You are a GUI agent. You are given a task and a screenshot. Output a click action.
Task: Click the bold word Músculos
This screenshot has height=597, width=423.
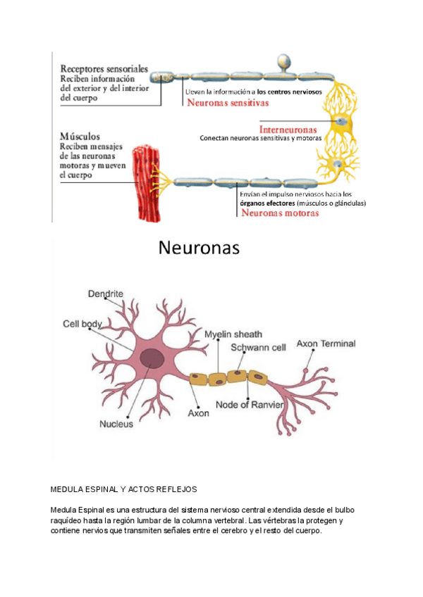pyautogui.click(x=80, y=136)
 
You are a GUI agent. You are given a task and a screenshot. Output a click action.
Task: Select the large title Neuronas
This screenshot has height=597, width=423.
pyautogui.click(x=198, y=248)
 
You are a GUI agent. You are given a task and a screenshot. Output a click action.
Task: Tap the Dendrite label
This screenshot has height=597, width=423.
pyautogui.click(x=106, y=293)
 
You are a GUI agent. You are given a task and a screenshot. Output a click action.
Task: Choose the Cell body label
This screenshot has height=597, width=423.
pyautogui.click(x=82, y=324)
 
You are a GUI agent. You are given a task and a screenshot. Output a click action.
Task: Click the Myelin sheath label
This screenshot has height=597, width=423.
pyautogui.click(x=233, y=333)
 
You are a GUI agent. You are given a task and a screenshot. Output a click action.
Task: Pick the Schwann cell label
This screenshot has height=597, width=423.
pyautogui.click(x=258, y=347)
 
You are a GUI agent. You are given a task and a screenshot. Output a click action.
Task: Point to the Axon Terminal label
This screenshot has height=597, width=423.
pyautogui.click(x=326, y=344)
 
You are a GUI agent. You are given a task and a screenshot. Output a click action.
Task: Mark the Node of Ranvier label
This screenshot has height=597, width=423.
pyautogui.click(x=250, y=405)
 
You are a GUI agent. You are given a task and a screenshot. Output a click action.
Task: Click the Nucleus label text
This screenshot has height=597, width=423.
pyautogui.click(x=116, y=425)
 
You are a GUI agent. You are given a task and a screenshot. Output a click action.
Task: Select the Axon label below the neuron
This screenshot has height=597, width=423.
pyautogui.click(x=198, y=413)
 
